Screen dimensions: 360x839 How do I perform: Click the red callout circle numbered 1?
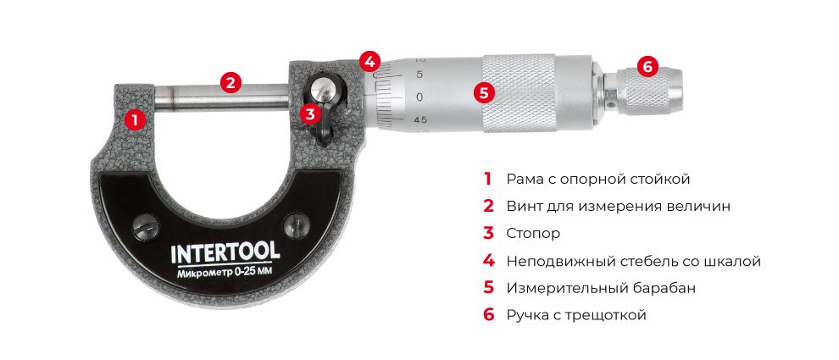[x=132, y=119]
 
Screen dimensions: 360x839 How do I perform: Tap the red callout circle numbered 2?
[x=230, y=82]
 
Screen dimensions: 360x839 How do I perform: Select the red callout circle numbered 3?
[x=310, y=113]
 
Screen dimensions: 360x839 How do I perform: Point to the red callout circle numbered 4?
[x=369, y=61]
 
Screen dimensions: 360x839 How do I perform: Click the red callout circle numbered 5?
[x=484, y=92]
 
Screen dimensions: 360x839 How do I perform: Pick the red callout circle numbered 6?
[x=646, y=65]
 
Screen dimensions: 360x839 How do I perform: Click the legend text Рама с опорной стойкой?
[x=597, y=179]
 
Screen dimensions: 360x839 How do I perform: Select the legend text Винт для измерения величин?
[x=618, y=206]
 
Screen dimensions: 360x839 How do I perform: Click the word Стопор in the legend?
[x=533, y=233]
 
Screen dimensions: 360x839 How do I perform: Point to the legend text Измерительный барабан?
[x=601, y=287]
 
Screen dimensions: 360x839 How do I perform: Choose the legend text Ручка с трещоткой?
[x=576, y=315]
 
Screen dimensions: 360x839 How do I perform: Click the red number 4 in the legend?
[x=488, y=260]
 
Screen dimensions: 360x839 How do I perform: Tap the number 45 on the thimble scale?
[x=420, y=120]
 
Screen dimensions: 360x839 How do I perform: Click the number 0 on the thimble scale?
[x=419, y=97]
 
